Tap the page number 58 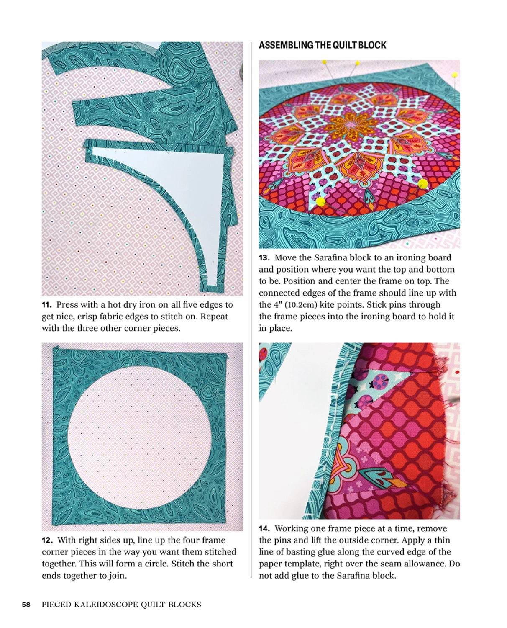(26, 605)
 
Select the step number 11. (46, 305)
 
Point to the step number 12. (47, 540)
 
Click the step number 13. (264, 258)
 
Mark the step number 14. (264, 529)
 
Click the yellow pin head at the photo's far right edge (454, 75)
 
